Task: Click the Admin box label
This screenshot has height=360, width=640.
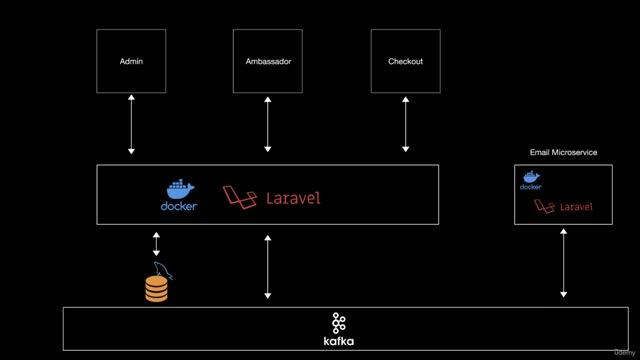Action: click(x=131, y=62)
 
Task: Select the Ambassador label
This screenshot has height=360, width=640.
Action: click(x=268, y=62)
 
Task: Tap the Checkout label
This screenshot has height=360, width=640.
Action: click(x=405, y=62)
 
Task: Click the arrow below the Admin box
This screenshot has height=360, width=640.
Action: click(x=131, y=125)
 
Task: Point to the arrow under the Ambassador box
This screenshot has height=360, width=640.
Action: click(x=268, y=125)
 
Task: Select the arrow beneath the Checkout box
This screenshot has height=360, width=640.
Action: click(x=405, y=125)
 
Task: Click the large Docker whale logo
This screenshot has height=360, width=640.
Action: click(x=179, y=189)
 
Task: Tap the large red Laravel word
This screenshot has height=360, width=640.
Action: click(x=293, y=197)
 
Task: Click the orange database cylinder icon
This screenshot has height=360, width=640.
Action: click(x=157, y=287)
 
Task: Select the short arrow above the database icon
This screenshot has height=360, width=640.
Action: click(x=156, y=243)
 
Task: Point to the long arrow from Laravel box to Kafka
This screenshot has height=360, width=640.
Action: click(x=268, y=266)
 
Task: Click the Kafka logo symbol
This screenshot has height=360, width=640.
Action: click(x=339, y=322)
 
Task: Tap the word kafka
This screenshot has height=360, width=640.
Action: click(x=339, y=341)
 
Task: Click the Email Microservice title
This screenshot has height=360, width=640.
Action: click(x=563, y=152)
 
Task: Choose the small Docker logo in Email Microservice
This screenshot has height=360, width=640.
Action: click(x=530, y=179)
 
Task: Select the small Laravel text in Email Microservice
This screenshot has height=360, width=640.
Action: click(x=575, y=207)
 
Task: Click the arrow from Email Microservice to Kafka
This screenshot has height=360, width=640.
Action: click(x=564, y=264)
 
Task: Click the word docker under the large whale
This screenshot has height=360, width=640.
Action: click(x=179, y=207)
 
